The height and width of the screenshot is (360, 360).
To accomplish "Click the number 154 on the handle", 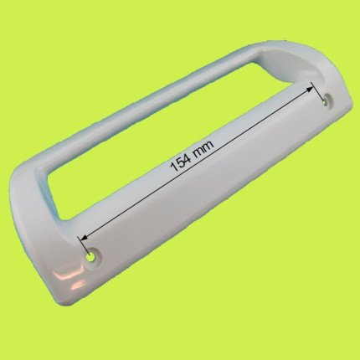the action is (181, 163).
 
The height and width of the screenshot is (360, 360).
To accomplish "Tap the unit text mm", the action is (204, 148).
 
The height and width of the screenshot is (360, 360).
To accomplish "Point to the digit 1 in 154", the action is (174, 168).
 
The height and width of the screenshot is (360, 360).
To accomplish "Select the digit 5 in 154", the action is (181, 164).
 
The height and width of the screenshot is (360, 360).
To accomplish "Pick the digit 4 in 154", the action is (188, 159).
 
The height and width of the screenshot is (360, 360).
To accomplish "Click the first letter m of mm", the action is (200, 151).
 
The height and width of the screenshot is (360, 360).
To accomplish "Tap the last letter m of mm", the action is (209, 145).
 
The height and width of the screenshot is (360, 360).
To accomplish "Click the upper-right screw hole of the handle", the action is (325, 102).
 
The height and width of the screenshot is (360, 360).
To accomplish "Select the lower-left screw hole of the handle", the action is (91, 257).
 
